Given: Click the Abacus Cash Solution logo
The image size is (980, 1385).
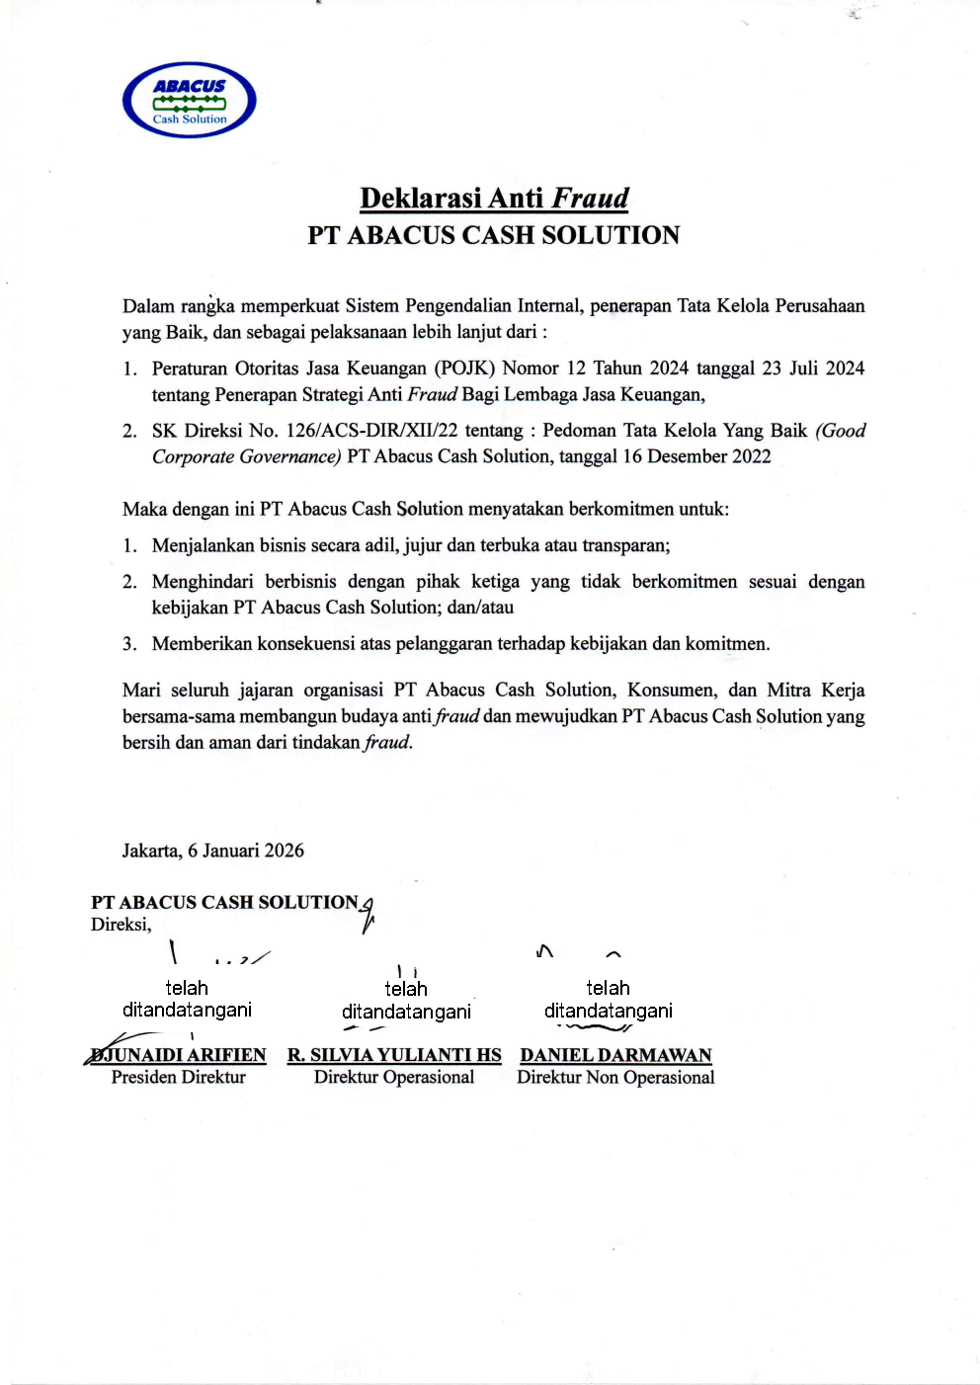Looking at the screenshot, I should [x=190, y=100].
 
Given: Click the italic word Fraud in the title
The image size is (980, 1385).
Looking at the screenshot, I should [x=590, y=199].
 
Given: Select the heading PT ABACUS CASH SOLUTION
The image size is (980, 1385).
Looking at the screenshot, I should [x=493, y=235].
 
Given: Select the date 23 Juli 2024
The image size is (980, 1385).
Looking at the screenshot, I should [x=813, y=368].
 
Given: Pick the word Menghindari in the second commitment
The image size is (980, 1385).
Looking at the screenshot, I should [x=203, y=582].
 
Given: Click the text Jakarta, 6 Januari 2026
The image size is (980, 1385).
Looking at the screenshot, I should [x=213, y=851].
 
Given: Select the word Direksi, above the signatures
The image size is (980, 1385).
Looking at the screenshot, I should [x=122, y=925].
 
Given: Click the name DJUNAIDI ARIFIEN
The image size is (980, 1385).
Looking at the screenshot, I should [x=179, y=1055].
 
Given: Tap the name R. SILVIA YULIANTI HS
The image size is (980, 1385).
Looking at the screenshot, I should [x=394, y=1055].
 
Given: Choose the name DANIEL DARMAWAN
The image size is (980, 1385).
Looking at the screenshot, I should [x=615, y=1055].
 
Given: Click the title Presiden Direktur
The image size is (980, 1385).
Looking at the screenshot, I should [x=179, y=1077].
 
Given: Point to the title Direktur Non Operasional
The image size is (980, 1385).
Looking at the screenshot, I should [x=615, y=1077].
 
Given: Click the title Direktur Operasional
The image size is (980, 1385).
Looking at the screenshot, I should [x=394, y=1077].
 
